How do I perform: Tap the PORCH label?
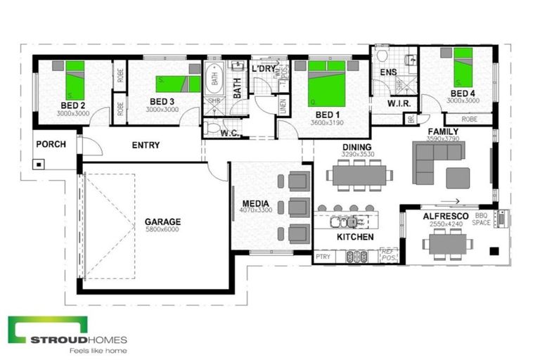pyautogui.click(x=51, y=144)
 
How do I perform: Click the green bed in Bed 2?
pyautogui.click(x=75, y=79)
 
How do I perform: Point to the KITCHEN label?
pyautogui.click(x=355, y=237)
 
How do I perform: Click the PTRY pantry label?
pyautogui.click(x=323, y=257)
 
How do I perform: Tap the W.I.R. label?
pyautogui.click(x=384, y=104)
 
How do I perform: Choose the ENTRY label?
pyautogui.click(x=146, y=146)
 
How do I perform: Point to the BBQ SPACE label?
pyautogui.click(x=482, y=219)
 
